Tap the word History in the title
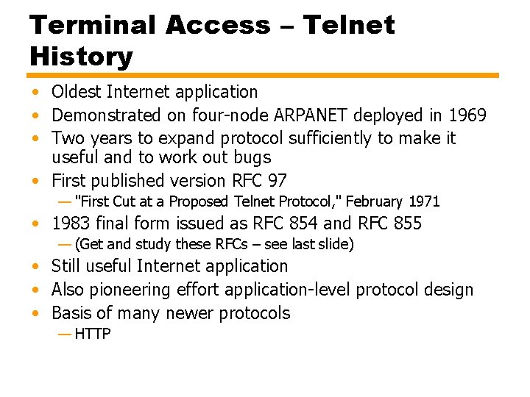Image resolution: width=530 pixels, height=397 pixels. pyautogui.click(x=81, y=57)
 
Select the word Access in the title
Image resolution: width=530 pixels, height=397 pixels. pyautogui.click(x=218, y=25)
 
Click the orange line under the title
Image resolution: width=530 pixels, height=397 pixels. pyautogui.click(x=264, y=75)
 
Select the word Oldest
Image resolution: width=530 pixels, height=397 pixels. pyautogui.click(x=77, y=92)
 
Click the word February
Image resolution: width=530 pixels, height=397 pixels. pyautogui.click(x=374, y=201)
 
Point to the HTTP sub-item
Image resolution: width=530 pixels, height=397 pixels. pyautogui.click(x=93, y=335)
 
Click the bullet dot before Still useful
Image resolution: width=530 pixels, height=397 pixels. pyautogui.click(x=35, y=267)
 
